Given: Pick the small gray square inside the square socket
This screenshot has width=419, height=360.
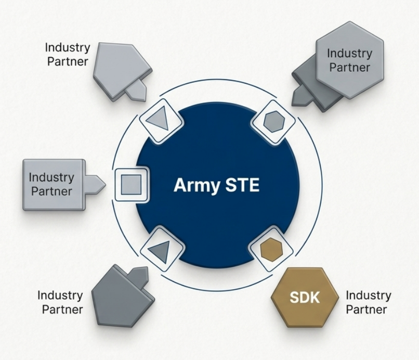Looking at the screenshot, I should click(131, 184).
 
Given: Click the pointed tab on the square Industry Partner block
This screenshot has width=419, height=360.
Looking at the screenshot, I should click(96, 184).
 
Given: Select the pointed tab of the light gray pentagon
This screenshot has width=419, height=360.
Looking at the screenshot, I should click(136, 90).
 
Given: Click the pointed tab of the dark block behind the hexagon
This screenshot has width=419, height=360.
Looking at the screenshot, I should click(302, 95).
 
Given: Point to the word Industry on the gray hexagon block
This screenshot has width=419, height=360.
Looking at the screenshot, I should click(349, 54).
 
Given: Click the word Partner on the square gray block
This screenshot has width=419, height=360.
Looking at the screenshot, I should click(51, 190).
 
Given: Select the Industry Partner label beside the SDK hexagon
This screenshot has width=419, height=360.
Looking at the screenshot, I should click(368, 302).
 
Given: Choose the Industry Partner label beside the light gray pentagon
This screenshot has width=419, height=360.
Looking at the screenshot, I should click(67, 54).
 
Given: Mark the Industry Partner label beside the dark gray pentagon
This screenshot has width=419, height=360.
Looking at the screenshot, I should click(60, 302).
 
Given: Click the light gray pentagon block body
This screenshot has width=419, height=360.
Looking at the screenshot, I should click(119, 66).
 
